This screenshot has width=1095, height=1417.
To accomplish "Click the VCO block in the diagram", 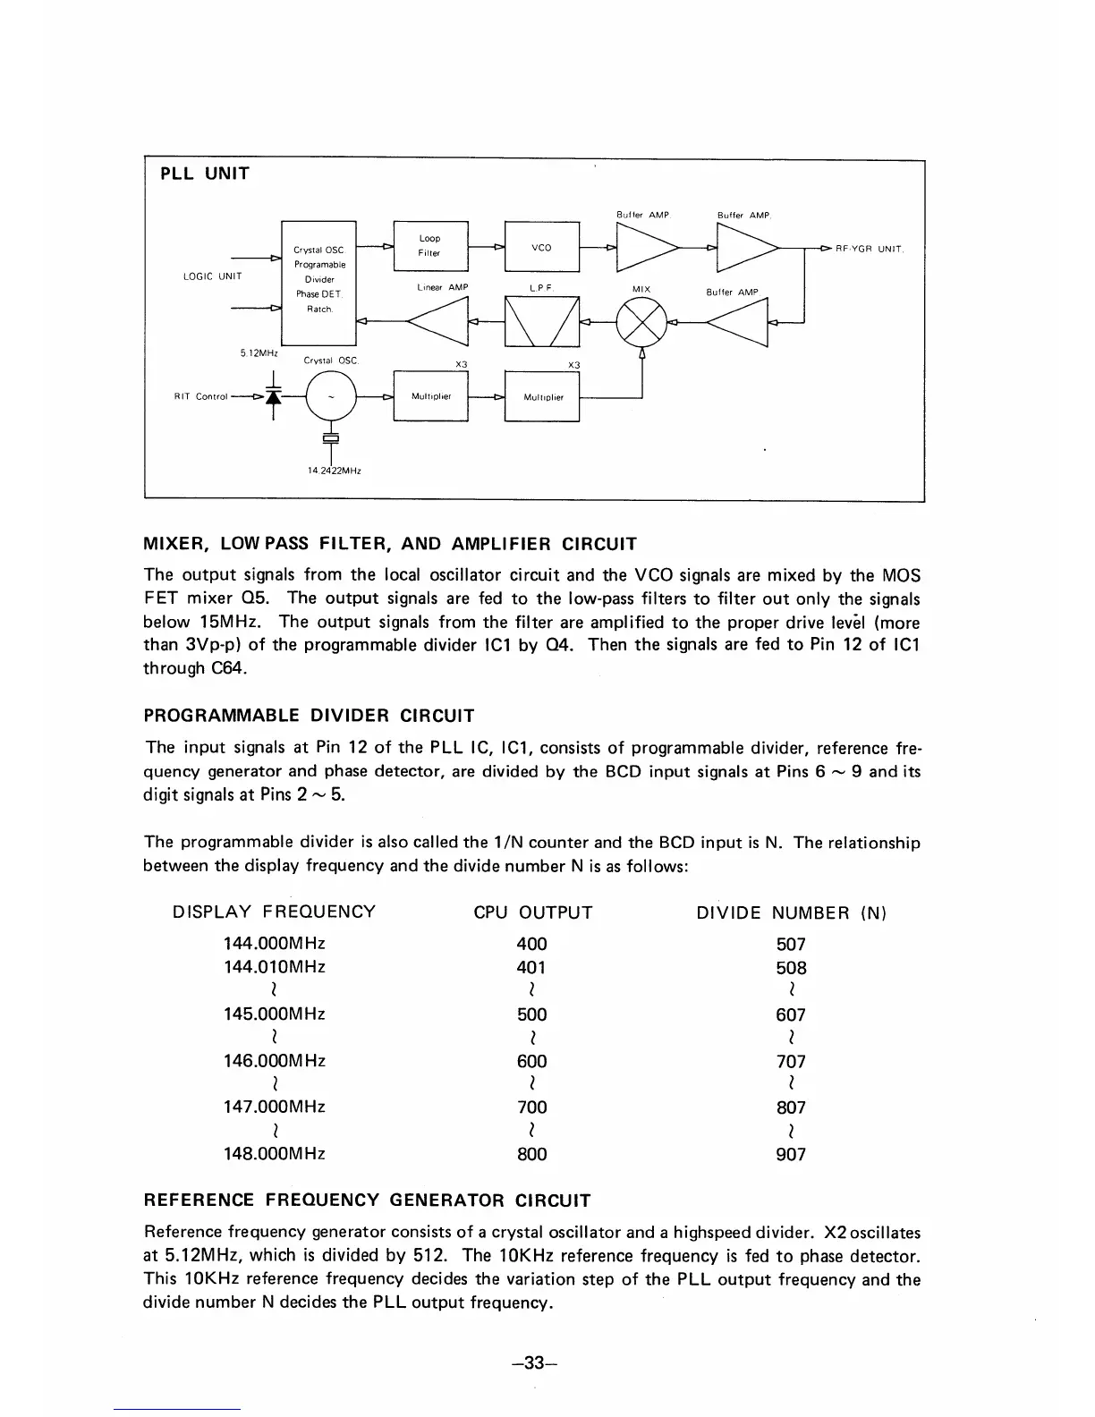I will pos(541,246).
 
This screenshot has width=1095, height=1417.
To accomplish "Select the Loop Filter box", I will pos(430,245).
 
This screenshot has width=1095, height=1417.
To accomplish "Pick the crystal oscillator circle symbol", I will pos(331,396).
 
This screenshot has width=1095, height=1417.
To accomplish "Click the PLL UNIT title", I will pos(205,174).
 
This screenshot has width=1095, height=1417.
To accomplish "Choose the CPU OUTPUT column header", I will pos(532,912).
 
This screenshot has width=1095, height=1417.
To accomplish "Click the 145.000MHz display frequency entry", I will pos(274,1014).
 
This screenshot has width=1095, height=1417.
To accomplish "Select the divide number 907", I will pos(791,1154).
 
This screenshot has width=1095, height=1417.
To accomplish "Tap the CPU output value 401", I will pos(531,967).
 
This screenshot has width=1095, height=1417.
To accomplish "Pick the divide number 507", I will pos(791,944).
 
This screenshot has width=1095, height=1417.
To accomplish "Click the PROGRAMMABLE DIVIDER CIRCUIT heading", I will pos(309,716).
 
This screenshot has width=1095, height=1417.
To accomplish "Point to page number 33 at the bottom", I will pos(534,1362).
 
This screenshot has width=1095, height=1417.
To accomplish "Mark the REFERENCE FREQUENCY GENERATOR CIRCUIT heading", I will pos(367,1200).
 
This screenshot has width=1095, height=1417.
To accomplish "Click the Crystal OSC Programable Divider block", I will pos(319,280).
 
